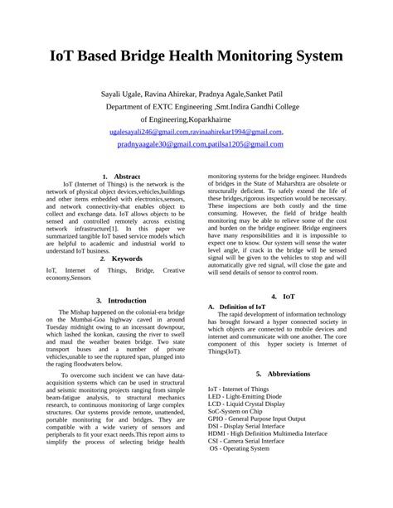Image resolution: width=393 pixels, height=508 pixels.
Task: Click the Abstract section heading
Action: coord(126,177)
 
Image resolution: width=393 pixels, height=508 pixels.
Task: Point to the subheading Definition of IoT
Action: coord(245,307)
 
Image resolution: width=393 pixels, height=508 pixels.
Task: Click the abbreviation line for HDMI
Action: coord(267,433)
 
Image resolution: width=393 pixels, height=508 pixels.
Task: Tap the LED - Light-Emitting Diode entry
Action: coord(245,396)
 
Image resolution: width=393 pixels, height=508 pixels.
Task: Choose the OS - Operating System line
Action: coord(240,448)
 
